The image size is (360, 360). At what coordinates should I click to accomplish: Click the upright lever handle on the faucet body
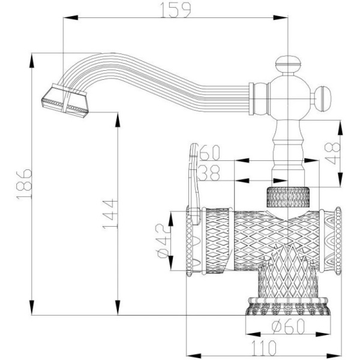tap(193, 177)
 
